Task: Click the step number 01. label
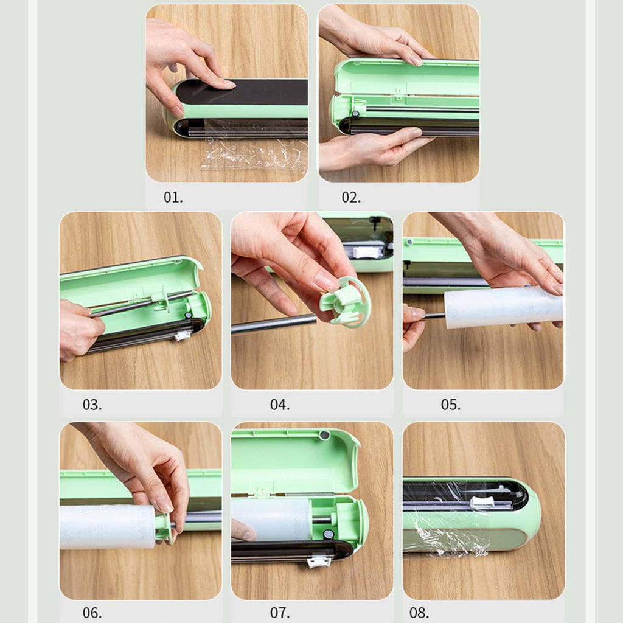(173, 197)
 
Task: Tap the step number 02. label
(351, 197)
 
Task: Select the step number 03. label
(92, 405)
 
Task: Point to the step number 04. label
(280, 405)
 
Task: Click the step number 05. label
(451, 405)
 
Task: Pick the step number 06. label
(92, 612)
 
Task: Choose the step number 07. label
(280, 612)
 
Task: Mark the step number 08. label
(419, 612)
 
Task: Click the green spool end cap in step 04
(345, 302)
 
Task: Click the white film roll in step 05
(503, 307)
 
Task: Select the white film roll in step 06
(107, 527)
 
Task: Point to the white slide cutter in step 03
(181, 337)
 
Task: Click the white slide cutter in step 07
(319, 562)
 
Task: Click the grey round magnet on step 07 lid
(325, 436)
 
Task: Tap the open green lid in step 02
(405, 77)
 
